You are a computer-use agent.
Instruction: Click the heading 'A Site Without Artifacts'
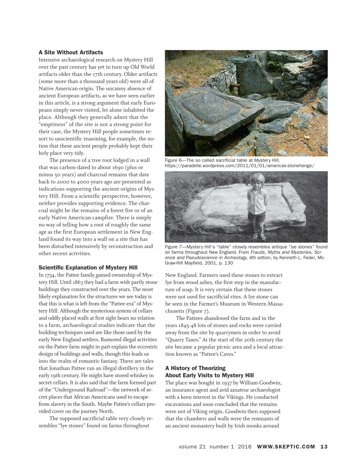point(71,52)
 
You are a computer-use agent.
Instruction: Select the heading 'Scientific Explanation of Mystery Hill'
point(88,267)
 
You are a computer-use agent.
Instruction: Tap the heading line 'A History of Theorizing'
point(195,368)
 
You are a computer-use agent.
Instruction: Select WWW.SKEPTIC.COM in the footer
point(286,447)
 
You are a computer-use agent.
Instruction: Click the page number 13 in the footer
point(324,447)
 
